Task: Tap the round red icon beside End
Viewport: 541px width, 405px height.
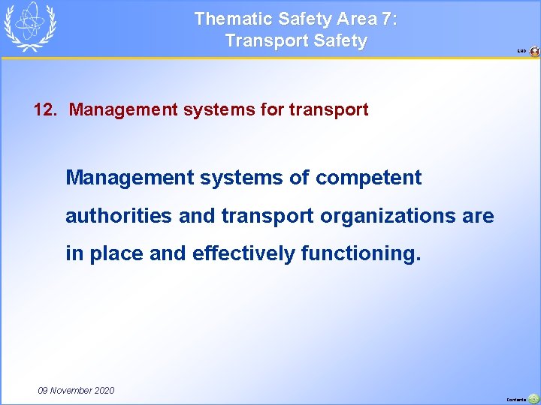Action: click(534, 52)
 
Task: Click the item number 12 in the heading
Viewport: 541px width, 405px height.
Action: click(45, 110)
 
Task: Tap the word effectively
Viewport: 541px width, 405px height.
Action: click(243, 254)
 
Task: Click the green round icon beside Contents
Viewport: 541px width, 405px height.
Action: click(533, 399)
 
